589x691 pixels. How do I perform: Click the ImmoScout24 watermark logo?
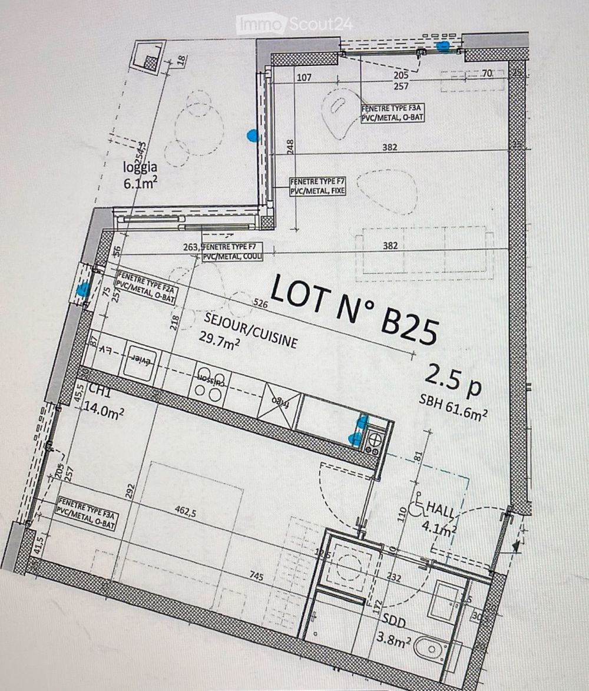click(294, 25)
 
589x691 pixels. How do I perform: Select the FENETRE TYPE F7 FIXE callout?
click(317, 187)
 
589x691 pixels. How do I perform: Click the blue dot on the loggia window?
click(252, 137)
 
